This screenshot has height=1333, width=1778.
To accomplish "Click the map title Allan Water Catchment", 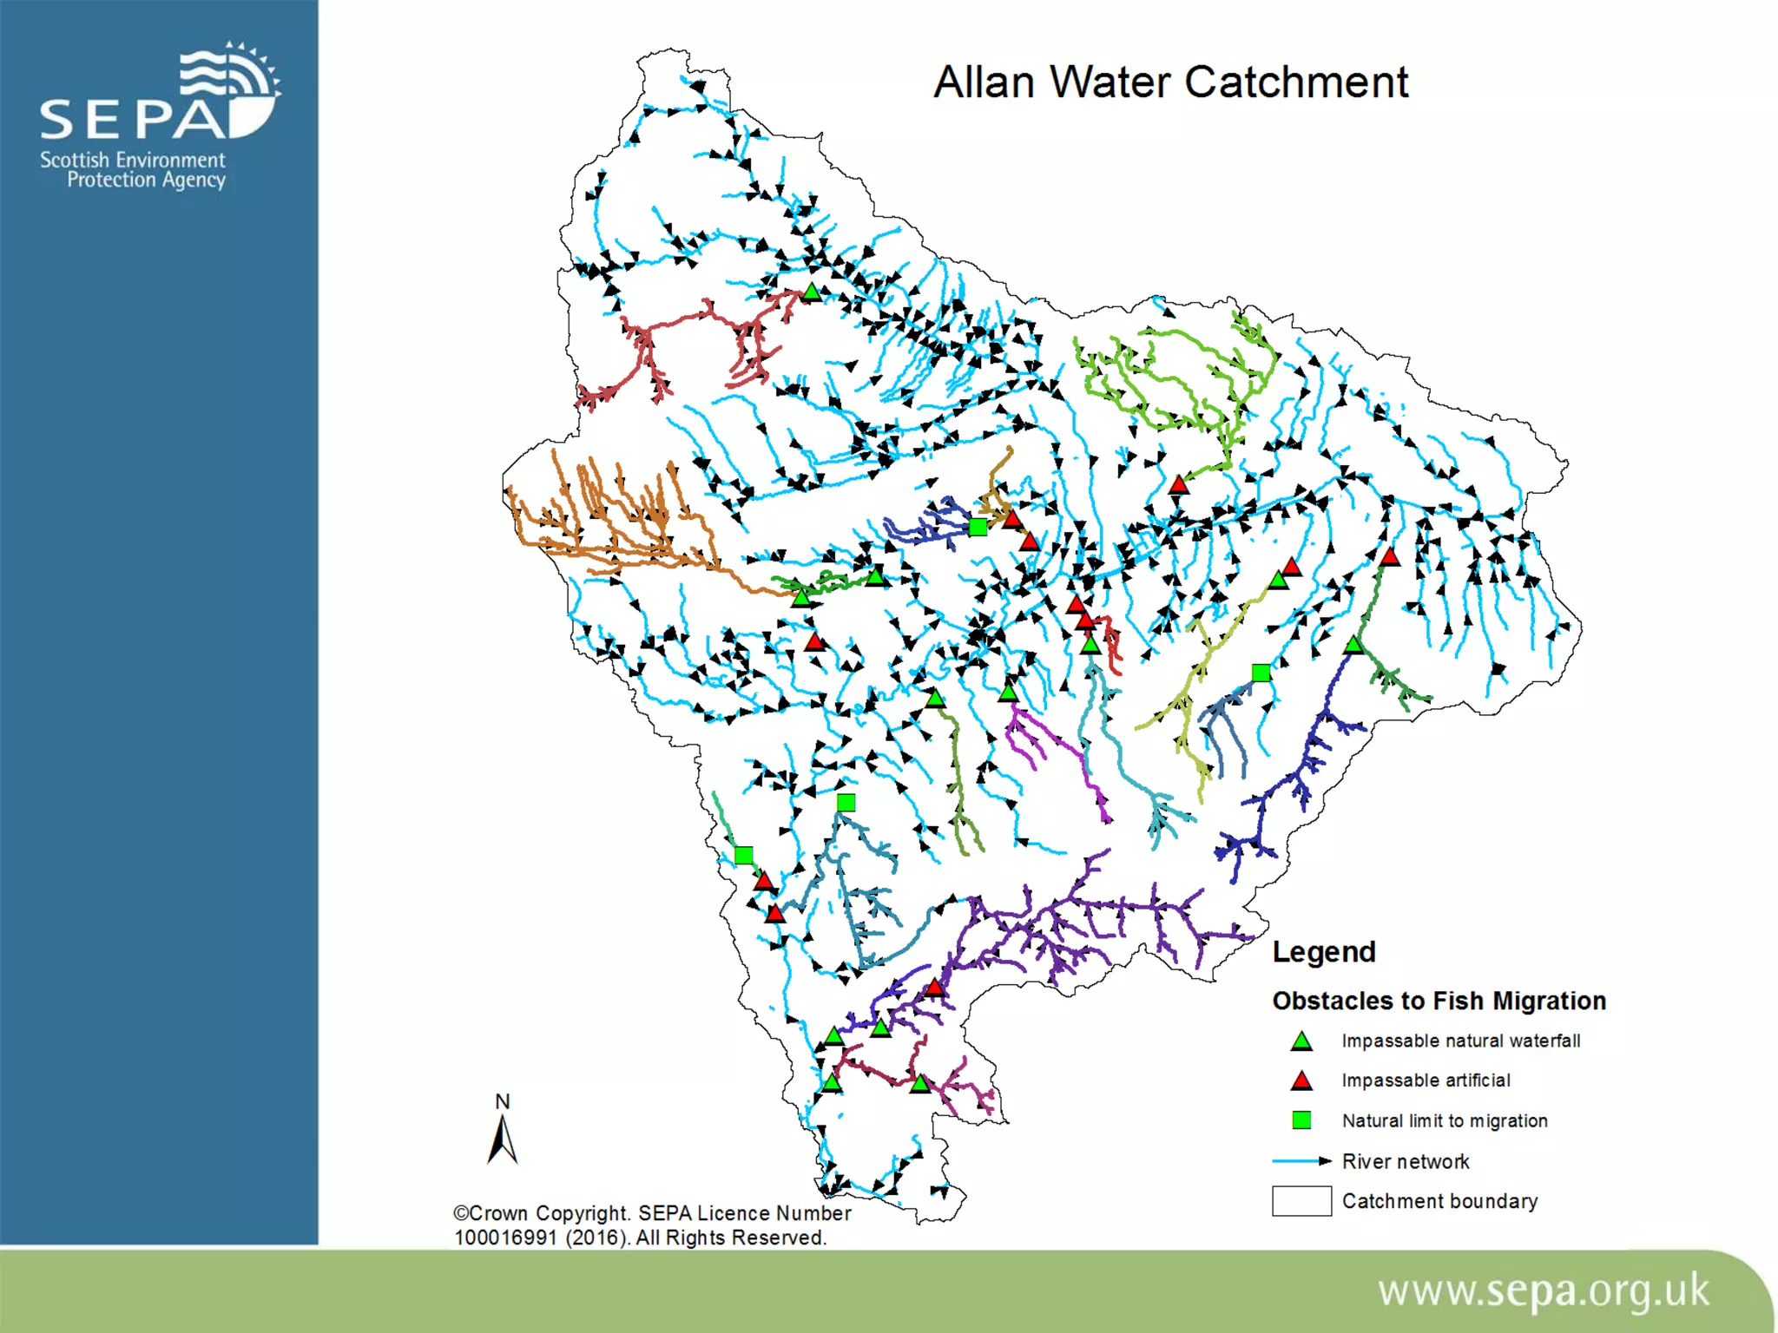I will pyautogui.click(x=1169, y=83).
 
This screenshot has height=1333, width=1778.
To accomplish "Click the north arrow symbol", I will pyautogui.click(x=503, y=1139).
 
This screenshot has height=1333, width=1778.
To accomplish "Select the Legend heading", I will pyautogui.click(x=1323, y=952).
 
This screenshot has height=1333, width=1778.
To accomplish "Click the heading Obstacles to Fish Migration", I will pyautogui.click(x=1439, y=1001).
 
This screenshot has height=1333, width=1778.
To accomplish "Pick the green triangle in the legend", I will pyautogui.click(x=1301, y=1041).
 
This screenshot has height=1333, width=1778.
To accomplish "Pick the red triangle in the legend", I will pyautogui.click(x=1301, y=1081).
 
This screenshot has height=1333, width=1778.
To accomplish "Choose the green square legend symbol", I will pyautogui.click(x=1301, y=1120).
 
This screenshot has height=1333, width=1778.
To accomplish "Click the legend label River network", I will pyautogui.click(x=1405, y=1161).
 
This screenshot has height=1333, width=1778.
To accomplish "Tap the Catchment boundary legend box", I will pyautogui.click(x=1301, y=1201).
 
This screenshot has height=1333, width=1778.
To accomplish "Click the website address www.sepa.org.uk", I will pyautogui.click(x=1543, y=1291).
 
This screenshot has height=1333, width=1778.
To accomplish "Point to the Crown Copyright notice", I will pyautogui.click(x=651, y=1225).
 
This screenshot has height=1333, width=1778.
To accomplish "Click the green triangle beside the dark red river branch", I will pyautogui.click(x=811, y=292).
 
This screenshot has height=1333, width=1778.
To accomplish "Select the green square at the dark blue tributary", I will pyautogui.click(x=978, y=527).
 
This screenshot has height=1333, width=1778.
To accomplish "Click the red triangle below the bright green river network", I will pyautogui.click(x=1177, y=485).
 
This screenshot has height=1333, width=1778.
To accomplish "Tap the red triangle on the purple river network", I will pyautogui.click(x=934, y=988).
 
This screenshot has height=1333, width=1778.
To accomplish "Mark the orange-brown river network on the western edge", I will pyautogui.click(x=608, y=521).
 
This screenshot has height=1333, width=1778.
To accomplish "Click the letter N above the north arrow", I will pyautogui.click(x=502, y=1101).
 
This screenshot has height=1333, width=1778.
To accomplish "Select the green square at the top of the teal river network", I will pyautogui.click(x=846, y=803).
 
